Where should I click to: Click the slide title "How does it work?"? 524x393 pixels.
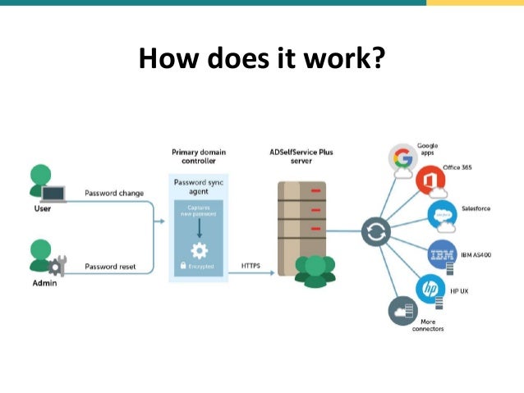click(x=261, y=59)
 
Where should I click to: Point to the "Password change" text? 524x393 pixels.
click(x=114, y=194)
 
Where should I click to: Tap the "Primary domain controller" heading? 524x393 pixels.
click(x=198, y=157)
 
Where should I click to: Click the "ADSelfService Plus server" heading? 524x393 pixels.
click(x=301, y=157)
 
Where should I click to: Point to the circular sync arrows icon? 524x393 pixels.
click(x=376, y=233)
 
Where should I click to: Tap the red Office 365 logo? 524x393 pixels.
click(x=429, y=179)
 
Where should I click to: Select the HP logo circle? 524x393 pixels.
click(x=430, y=289)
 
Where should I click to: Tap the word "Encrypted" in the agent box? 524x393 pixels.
click(x=201, y=267)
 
